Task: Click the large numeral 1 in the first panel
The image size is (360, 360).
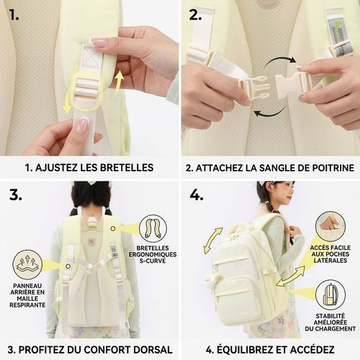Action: [14, 15]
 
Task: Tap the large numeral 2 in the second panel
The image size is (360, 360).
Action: [195, 15]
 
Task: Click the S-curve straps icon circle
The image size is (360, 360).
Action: [153, 228]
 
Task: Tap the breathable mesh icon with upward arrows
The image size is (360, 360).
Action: [27, 264]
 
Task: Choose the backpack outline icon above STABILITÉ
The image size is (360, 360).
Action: [330, 294]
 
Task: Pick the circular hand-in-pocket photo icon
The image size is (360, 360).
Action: [330, 226]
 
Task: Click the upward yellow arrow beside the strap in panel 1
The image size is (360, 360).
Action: [120, 82]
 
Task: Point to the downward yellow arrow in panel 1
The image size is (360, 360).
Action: [68, 103]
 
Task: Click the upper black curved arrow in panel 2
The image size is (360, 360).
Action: [280, 61]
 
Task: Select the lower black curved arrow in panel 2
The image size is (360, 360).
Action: [270, 112]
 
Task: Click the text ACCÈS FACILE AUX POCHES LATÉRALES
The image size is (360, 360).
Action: [330, 254]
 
